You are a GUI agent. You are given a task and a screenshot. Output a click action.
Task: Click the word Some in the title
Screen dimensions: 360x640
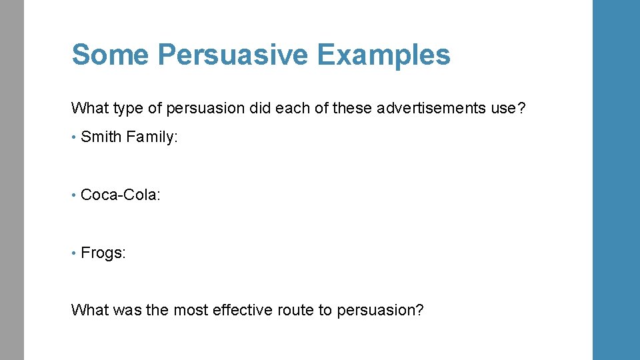[x=107, y=55]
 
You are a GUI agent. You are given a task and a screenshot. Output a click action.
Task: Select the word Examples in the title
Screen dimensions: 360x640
[x=384, y=55]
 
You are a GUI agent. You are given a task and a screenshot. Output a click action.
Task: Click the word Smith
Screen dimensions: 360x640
[x=101, y=137]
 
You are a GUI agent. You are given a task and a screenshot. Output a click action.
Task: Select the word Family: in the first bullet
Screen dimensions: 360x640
[x=152, y=137]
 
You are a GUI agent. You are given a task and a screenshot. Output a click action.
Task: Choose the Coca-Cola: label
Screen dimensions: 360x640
[x=121, y=195]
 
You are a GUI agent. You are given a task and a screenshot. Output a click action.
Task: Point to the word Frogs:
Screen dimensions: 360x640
[x=103, y=253]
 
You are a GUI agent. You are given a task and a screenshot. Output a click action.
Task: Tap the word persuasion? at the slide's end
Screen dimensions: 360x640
[x=380, y=310]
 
